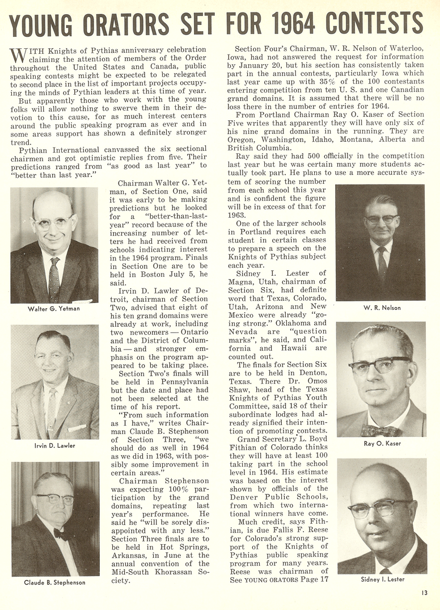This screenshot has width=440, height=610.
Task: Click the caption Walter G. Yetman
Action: [54, 309]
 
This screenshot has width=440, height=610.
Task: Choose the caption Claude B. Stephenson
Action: [55, 583]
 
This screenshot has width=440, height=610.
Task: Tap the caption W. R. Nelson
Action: [382, 308]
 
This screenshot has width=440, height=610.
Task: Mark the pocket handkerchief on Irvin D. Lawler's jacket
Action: [77, 427]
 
